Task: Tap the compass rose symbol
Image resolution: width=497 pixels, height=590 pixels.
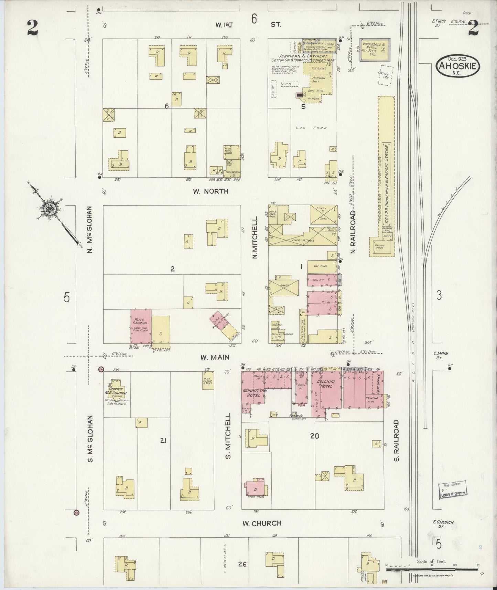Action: pos(47,208)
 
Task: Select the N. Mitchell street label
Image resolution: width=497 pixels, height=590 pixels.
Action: pos(255,238)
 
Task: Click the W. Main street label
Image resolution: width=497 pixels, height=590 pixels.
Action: pos(215,358)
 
